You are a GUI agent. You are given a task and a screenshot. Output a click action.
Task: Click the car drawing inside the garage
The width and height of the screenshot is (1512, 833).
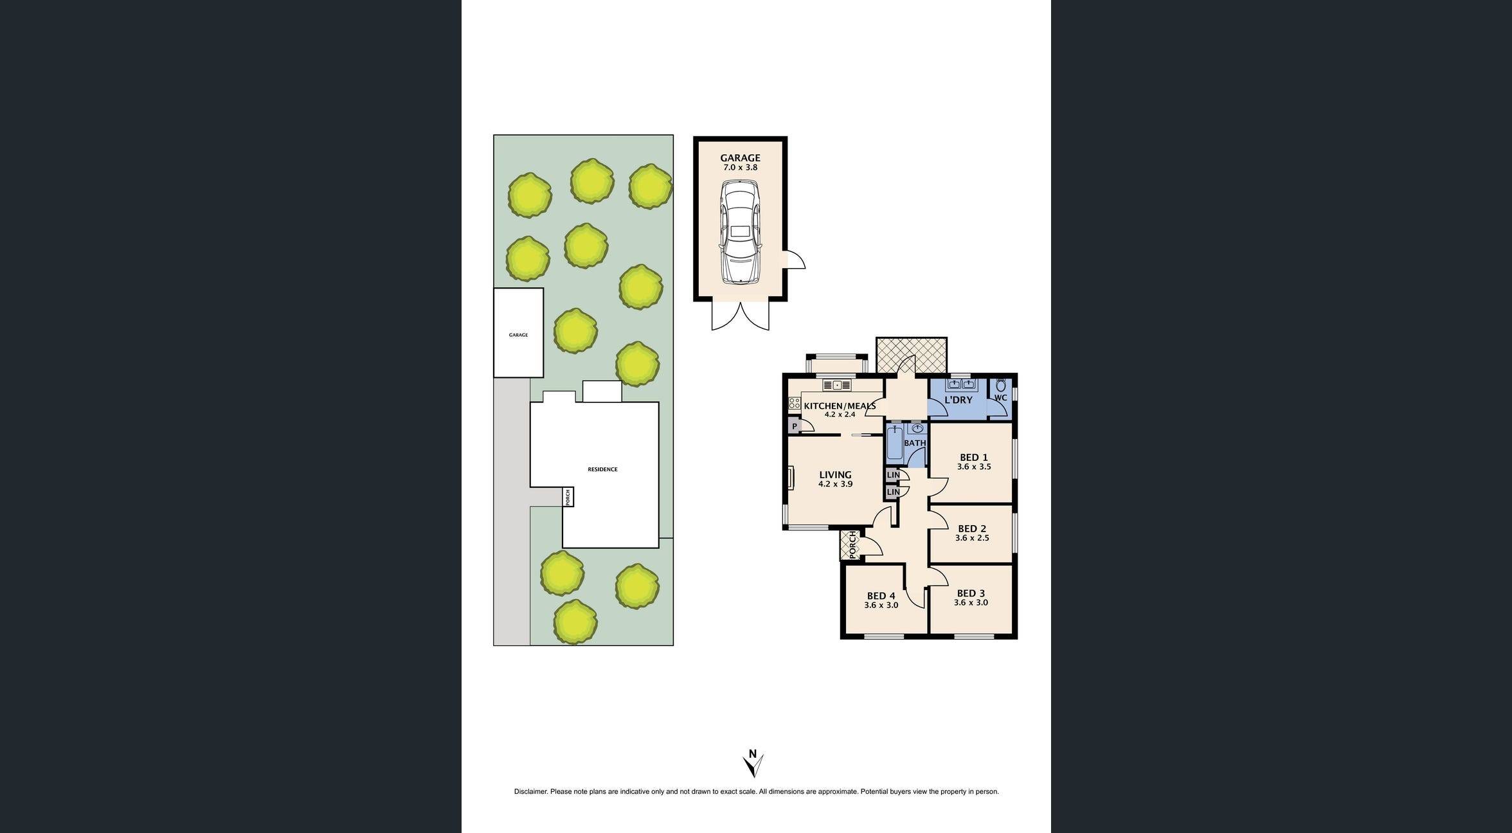tap(740, 231)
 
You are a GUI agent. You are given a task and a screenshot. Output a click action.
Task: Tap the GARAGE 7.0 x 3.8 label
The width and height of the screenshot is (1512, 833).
tap(740, 162)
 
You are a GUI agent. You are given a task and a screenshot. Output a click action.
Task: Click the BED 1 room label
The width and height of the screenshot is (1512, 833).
tap(973, 458)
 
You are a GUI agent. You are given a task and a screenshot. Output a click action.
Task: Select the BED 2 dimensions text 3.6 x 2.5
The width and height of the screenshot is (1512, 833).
tap(972, 538)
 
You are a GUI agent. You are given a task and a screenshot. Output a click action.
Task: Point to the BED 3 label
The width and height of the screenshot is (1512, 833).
tap(971, 593)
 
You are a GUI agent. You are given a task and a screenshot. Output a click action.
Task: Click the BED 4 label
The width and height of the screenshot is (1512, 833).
tap(881, 596)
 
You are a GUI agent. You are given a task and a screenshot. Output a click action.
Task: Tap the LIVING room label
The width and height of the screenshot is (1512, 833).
tap(835, 475)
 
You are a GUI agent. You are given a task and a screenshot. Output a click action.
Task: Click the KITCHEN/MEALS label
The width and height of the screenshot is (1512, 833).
tap(839, 406)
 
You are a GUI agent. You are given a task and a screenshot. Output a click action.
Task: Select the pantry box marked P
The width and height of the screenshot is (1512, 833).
tap(795, 426)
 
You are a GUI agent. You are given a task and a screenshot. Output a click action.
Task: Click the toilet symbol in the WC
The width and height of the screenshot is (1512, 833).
tap(1001, 386)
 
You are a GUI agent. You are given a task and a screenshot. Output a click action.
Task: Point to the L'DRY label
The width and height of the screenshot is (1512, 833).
tap(958, 400)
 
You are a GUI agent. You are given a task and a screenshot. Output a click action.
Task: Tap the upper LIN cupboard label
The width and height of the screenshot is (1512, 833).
tap(893, 476)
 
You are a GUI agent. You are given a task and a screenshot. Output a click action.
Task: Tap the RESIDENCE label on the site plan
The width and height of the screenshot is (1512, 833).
tap(602, 469)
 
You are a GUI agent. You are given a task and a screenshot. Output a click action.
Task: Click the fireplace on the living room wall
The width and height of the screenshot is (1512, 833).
tap(790, 478)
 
